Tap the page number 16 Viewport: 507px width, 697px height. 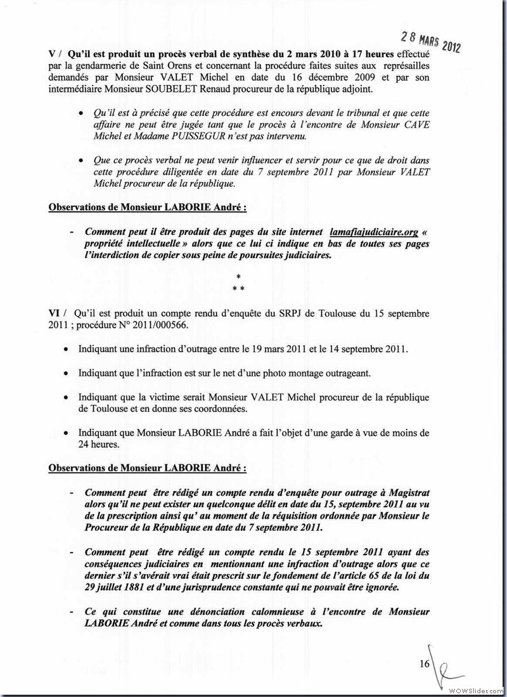[x=424, y=663]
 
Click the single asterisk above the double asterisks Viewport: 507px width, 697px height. [x=238, y=278]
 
